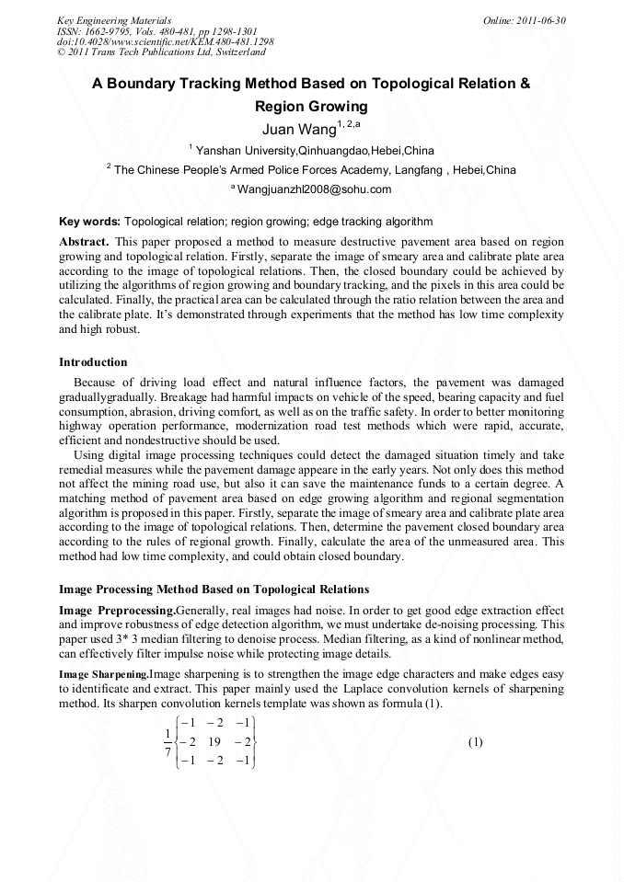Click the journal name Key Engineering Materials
click(x=114, y=20)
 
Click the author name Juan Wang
click(x=292, y=128)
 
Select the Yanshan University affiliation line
click(x=311, y=150)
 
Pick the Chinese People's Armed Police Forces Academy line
click(x=311, y=170)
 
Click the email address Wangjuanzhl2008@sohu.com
click(x=313, y=189)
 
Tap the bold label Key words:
click(x=89, y=222)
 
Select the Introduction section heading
click(x=93, y=361)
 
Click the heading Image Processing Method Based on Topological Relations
click(x=214, y=590)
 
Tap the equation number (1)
click(x=475, y=742)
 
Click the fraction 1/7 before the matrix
click(x=168, y=742)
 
